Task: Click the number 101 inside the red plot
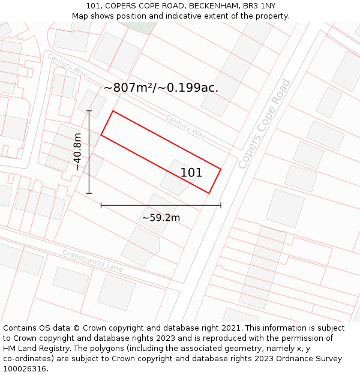tap(191, 173)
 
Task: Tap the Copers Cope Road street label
tap(264, 124)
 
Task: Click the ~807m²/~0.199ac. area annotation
tap(161, 88)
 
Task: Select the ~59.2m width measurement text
tap(161, 217)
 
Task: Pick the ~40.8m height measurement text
tap(77, 152)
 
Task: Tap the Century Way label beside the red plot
tap(185, 126)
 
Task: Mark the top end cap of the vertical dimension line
tap(89, 111)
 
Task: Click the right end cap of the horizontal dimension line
tap(221, 205)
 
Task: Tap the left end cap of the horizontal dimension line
tap(101, 205)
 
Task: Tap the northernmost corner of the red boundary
tap(113, 111)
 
